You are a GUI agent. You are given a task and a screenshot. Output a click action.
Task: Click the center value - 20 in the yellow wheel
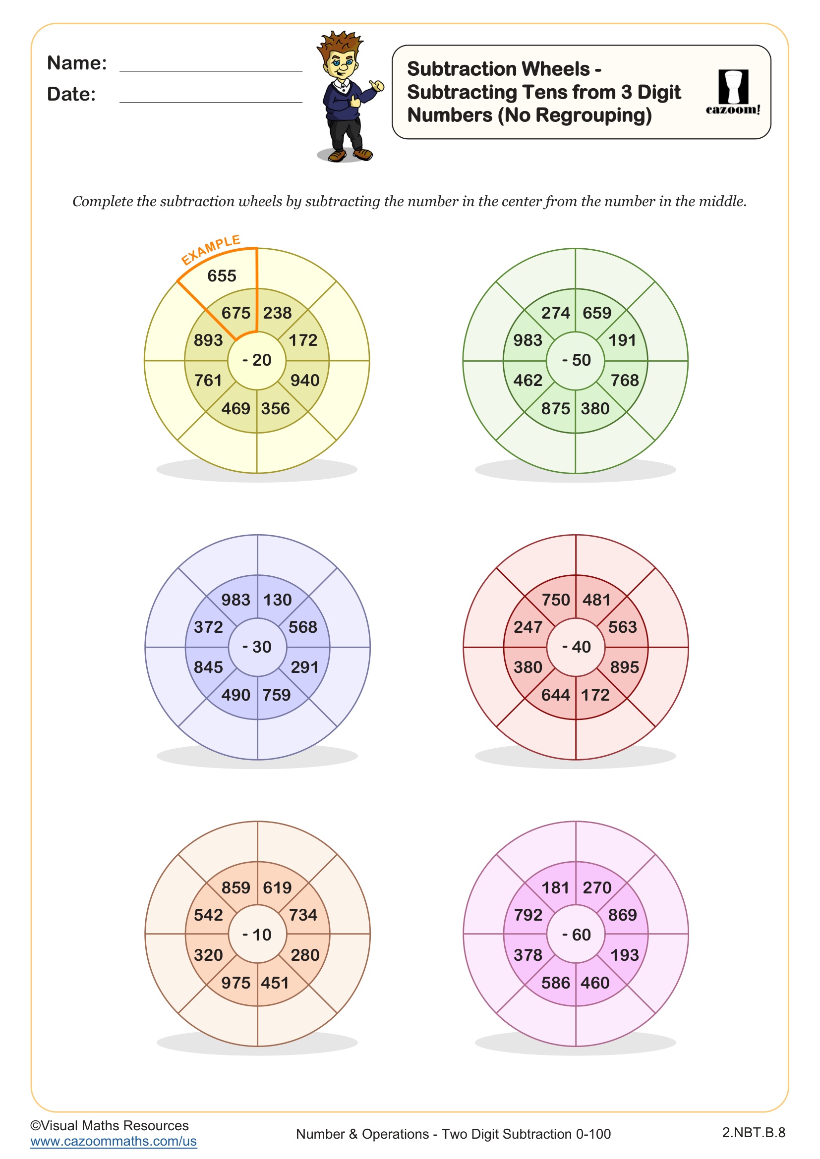coord(257,360)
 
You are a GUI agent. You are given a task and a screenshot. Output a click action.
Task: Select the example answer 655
coord(222,276)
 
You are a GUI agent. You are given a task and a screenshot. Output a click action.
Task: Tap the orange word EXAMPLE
coord(211,249)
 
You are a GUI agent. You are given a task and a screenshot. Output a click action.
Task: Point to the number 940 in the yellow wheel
coord(304,381)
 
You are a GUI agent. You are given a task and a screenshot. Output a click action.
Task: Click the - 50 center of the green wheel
coord(576,360)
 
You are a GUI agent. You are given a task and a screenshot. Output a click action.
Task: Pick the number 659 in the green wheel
coord(597,314)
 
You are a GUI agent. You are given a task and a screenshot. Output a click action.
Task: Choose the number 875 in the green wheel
coord(555,409)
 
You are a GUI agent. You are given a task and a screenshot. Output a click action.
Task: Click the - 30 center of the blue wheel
coord(257,647)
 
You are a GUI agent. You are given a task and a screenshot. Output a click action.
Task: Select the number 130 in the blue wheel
coord(277,600)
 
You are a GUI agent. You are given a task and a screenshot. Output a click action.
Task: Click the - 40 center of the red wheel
coord(576,647)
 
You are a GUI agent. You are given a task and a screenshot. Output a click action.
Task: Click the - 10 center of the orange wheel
coord(257,935)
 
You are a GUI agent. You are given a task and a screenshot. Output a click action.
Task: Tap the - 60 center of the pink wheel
coord(576,935)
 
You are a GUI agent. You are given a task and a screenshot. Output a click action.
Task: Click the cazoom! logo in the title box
coord(733,92)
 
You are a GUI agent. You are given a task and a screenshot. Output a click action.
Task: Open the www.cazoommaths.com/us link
coord(114,1141)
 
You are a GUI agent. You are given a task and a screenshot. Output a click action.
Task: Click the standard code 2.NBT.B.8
coord(754,1133)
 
